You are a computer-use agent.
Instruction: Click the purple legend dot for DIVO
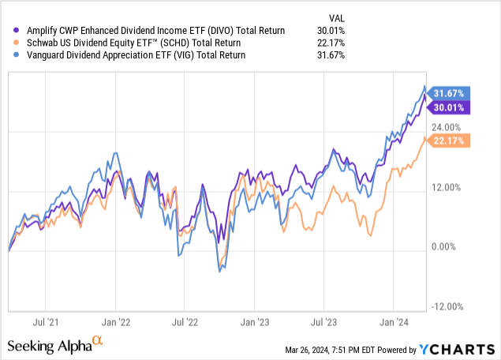10,30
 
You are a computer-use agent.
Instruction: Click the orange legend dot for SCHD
10,43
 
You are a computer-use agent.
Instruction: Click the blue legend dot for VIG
10,55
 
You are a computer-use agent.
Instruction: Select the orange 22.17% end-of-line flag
450,141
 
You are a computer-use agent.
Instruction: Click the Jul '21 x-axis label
48,322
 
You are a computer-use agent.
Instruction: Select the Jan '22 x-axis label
116,322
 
